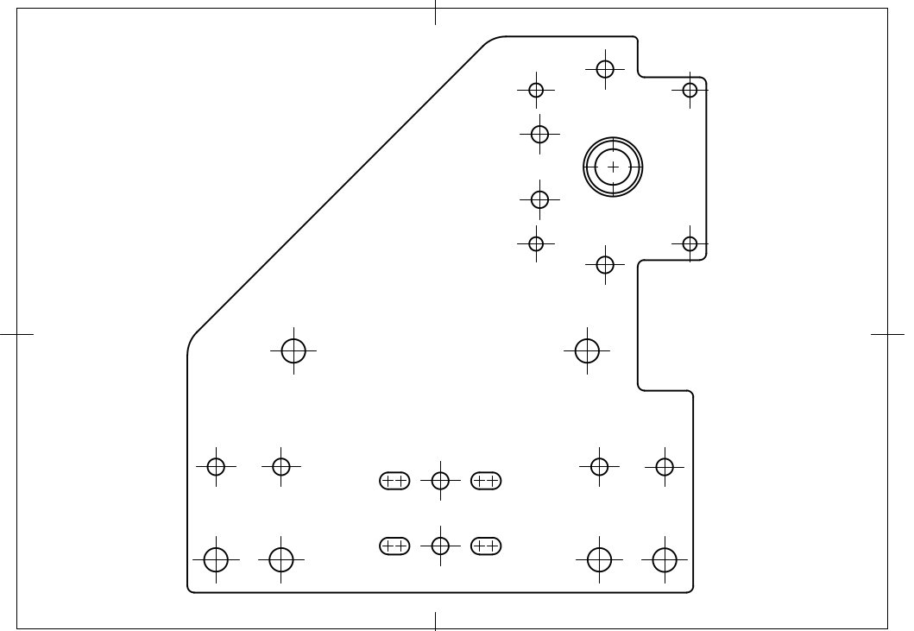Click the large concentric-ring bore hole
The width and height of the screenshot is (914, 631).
point(613,167)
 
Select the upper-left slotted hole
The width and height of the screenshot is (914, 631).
point(394,481)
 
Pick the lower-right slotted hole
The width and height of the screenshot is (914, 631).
point(486,546)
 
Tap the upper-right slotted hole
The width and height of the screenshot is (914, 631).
point(486,481)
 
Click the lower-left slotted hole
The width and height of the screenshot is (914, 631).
point(394,546)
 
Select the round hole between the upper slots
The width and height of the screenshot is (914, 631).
point(440,481)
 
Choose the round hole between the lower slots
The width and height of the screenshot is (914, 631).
point(440,546)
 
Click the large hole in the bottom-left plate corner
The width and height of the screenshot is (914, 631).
point(216,560)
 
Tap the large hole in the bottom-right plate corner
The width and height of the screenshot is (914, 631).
point(664,560)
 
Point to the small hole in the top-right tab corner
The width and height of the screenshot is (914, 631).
point(690,90)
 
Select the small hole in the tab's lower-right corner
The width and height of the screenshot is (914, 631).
point(690,243)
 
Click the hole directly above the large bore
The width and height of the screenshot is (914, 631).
point(605,68)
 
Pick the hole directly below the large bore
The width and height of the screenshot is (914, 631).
point(605,264)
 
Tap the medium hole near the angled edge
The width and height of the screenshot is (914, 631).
point(294,351)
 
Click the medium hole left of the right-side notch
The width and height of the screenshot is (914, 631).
point(588,351)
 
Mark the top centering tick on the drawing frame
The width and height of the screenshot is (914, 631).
point(435,12)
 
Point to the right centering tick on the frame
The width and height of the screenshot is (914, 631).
point(888,333)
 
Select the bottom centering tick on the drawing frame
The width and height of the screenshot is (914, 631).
point(435,622)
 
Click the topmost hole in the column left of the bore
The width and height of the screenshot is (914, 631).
point(536,90)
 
